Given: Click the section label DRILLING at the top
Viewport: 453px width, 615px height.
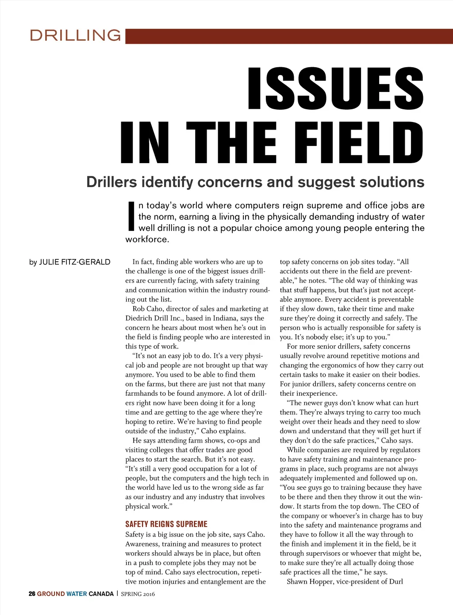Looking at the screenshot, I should pos(75,35).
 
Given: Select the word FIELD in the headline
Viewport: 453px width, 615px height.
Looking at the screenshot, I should pos(358,142).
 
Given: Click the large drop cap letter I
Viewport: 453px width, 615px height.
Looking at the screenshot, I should pos(131,217).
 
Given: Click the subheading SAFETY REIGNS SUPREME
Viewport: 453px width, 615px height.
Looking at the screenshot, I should pos(166,524).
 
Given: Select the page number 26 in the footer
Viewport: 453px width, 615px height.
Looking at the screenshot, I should pos(32,594).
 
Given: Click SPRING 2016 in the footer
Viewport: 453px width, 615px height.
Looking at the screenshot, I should pos(138,594).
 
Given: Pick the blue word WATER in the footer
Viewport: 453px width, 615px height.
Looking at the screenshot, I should pos(77,594).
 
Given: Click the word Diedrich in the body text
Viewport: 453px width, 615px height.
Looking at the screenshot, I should pos(139,318).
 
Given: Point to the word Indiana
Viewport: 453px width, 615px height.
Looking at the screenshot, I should pos(225,318).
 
